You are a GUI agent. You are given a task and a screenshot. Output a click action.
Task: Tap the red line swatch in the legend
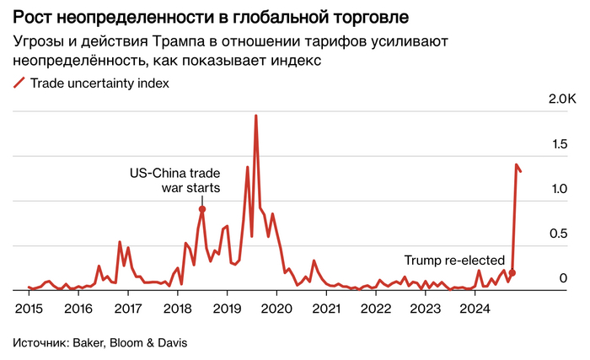click(19, 83)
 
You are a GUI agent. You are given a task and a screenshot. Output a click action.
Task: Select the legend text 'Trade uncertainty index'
click(99, 83)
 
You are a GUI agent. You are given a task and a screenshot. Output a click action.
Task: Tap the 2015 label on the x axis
click(29, 309)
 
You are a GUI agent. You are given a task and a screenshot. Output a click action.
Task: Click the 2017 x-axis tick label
click(128, 309)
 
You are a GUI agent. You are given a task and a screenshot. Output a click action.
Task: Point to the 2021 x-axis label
click(327, 309)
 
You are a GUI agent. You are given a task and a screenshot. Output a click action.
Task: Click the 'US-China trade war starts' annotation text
click(174, 180)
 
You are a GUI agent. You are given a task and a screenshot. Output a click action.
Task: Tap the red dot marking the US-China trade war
click(202, 209)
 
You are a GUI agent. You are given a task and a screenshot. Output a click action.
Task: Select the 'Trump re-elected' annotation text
click(454, 261)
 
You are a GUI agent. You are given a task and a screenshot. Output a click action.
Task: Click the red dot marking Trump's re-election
click(512, 273)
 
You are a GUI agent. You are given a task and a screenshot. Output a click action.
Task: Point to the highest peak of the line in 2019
click(255, 116)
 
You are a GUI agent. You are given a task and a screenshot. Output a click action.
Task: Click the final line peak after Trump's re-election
click(516, 164)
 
